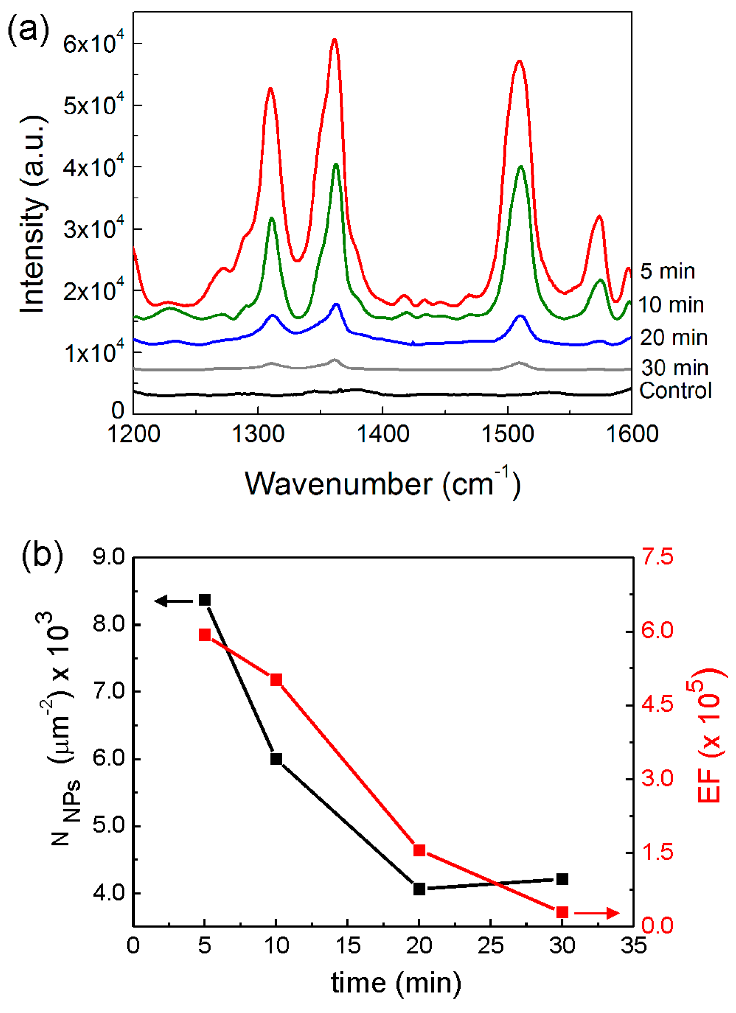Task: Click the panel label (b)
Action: (42, 554)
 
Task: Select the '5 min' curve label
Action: (667, 271)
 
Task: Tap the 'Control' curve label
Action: (675, 390)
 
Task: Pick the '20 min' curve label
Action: (673, 338)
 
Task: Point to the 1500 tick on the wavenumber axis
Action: (507, 434)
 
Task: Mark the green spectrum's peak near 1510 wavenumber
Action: (520, 167)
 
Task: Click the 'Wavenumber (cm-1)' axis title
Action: (382, 483)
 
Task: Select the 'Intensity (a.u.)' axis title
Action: (33, 214)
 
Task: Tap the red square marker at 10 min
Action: (276, 680)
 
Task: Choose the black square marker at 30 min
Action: (562, 879)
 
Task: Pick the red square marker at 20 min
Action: (419, 850)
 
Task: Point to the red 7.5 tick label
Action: (657, 557)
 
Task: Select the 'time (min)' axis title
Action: (396, 983)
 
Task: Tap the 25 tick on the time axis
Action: (491, 946)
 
